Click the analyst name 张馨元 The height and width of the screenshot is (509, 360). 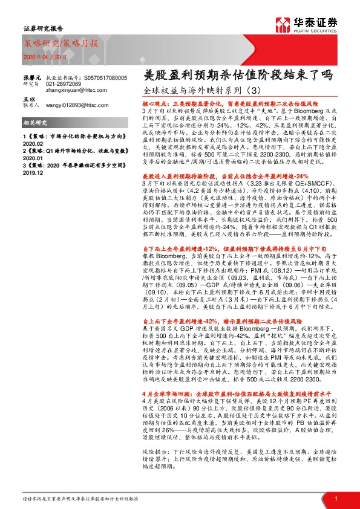(31, 79)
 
